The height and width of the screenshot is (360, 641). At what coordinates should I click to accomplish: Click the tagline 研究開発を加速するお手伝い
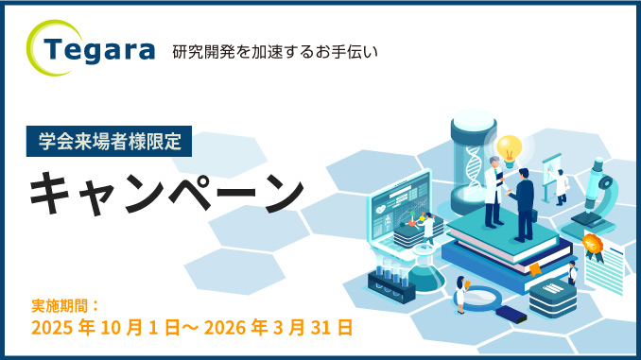[275, 51]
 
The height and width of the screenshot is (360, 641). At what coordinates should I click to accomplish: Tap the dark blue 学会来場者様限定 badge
[110, 140]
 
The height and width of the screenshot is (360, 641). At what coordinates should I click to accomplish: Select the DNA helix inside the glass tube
[473, 165]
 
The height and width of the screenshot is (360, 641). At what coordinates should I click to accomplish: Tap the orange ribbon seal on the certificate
[593, 248]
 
